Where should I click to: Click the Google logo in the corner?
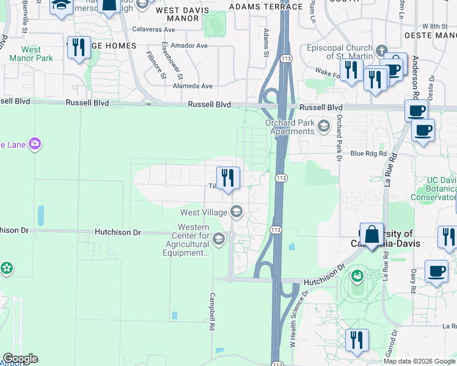20,359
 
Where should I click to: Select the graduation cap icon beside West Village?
236,212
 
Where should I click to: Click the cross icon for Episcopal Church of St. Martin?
382,50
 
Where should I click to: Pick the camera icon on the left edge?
35,144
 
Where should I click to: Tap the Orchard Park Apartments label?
290,127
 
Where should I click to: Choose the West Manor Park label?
31,54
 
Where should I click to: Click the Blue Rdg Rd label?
369,154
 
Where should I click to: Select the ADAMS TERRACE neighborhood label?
266,7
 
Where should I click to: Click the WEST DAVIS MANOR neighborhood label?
182,14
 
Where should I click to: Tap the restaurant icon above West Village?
228,178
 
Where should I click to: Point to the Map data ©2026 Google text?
419,361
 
